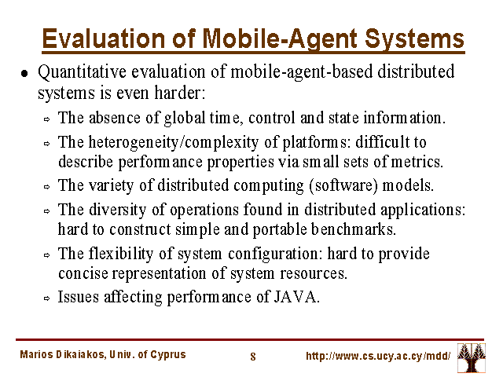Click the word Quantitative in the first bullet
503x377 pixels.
[82, 72]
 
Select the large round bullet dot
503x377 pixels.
[24, 73]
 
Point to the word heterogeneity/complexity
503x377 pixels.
[173, 142]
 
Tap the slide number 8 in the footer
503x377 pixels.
[253, 356]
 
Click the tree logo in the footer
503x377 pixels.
[472, 357]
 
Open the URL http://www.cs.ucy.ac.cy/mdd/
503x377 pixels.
[378, 356]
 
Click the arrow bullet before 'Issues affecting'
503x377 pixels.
[47, 298]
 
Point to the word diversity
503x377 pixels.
[118, 210]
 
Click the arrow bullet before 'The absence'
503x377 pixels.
[47, 119]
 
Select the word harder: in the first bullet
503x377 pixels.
[180, 93]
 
